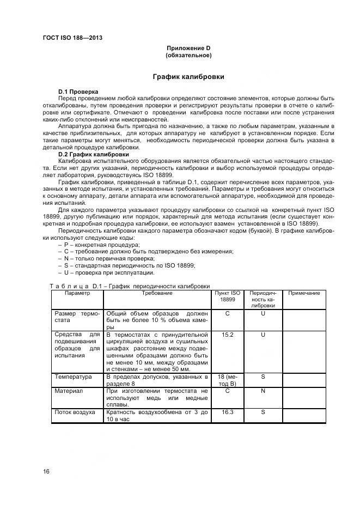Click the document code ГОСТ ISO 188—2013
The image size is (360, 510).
click(x=72, y=38)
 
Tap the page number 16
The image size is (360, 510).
click(x=47, y=471)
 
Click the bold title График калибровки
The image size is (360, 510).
click(x=188, y=77)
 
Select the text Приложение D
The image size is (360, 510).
click(x=188, y=48)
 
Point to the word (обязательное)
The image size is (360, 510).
click(x=188, y=56)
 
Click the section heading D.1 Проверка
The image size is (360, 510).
click(x=78, y=91)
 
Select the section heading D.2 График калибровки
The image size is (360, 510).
click(x=89, y=154)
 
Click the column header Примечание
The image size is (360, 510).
click(x=303, y=293)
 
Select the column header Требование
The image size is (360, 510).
click(x=157, y=293)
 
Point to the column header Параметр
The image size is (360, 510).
click(x=77, y=293)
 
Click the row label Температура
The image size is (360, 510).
click(x=73, y=377)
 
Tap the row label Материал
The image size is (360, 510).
click(x=68, y=391)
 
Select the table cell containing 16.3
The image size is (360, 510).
click(x=228, y=412)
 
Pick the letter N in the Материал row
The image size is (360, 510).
click(x=263, y=391)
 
